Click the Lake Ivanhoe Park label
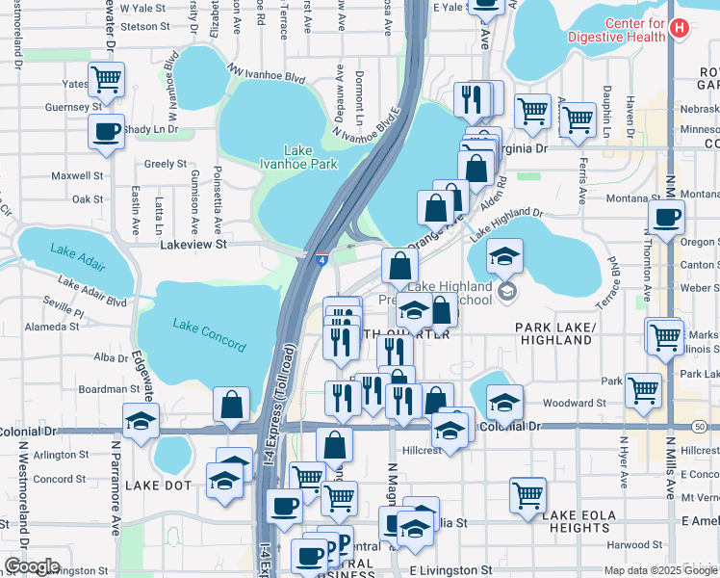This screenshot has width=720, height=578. [298, 157]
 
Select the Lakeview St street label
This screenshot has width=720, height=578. [192, 246]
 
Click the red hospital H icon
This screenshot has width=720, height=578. [680, 29]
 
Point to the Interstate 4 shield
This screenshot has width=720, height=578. [321, 258]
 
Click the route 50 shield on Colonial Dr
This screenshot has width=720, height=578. [712, 426]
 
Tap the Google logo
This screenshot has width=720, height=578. [32, 566]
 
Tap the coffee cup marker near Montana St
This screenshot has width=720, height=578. [666, 218]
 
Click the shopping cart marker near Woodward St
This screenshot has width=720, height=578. [643, 390]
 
